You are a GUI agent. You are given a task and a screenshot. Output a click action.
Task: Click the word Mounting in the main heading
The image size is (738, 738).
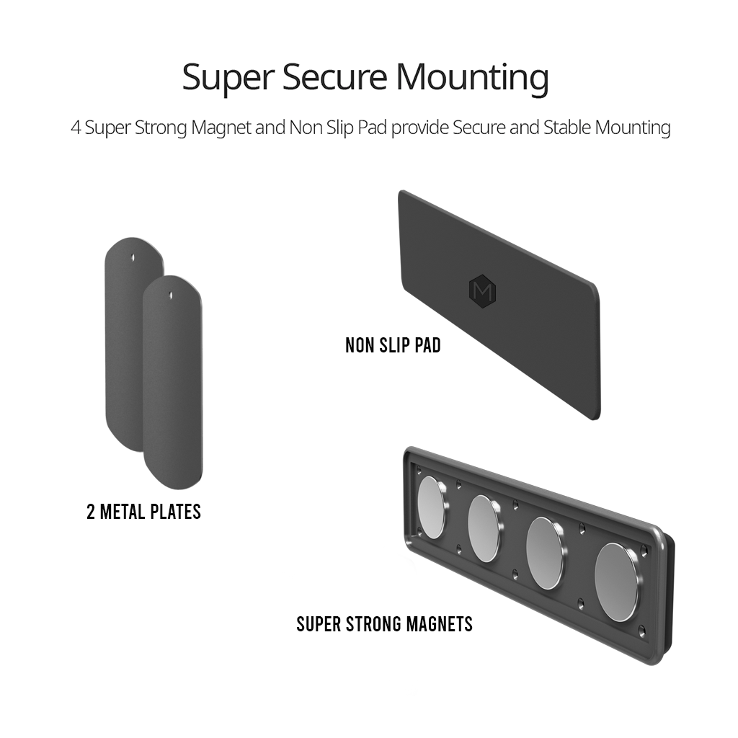[x=472, y=78]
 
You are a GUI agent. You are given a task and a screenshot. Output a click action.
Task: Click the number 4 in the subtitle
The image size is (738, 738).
[x=75, y=128]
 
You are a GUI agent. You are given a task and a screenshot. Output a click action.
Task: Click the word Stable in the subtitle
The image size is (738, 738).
[x=567, y=128]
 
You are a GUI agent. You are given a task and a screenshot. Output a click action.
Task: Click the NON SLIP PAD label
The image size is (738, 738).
[x=393, y=345]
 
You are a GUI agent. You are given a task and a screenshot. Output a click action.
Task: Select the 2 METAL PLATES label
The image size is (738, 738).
[x=143, y=512]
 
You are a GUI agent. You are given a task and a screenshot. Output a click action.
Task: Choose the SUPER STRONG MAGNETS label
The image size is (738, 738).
[x=385, y=624]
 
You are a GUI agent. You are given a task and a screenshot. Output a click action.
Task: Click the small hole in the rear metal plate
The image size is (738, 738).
[x=133, y=257]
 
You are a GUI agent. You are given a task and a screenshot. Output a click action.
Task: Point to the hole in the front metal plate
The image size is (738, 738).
[x=171, y=295]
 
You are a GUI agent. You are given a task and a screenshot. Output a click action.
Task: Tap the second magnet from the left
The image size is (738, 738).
[x=484, y=528]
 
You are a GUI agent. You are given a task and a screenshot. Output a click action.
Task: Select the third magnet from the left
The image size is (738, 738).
[x=545, y=553]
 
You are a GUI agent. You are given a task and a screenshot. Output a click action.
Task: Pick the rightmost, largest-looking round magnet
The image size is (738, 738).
[x=616, y=582]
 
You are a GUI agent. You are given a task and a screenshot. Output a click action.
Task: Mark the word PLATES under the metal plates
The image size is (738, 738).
[x=176, y=512]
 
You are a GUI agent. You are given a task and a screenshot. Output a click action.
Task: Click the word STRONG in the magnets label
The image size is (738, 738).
[x=373, y=624]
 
